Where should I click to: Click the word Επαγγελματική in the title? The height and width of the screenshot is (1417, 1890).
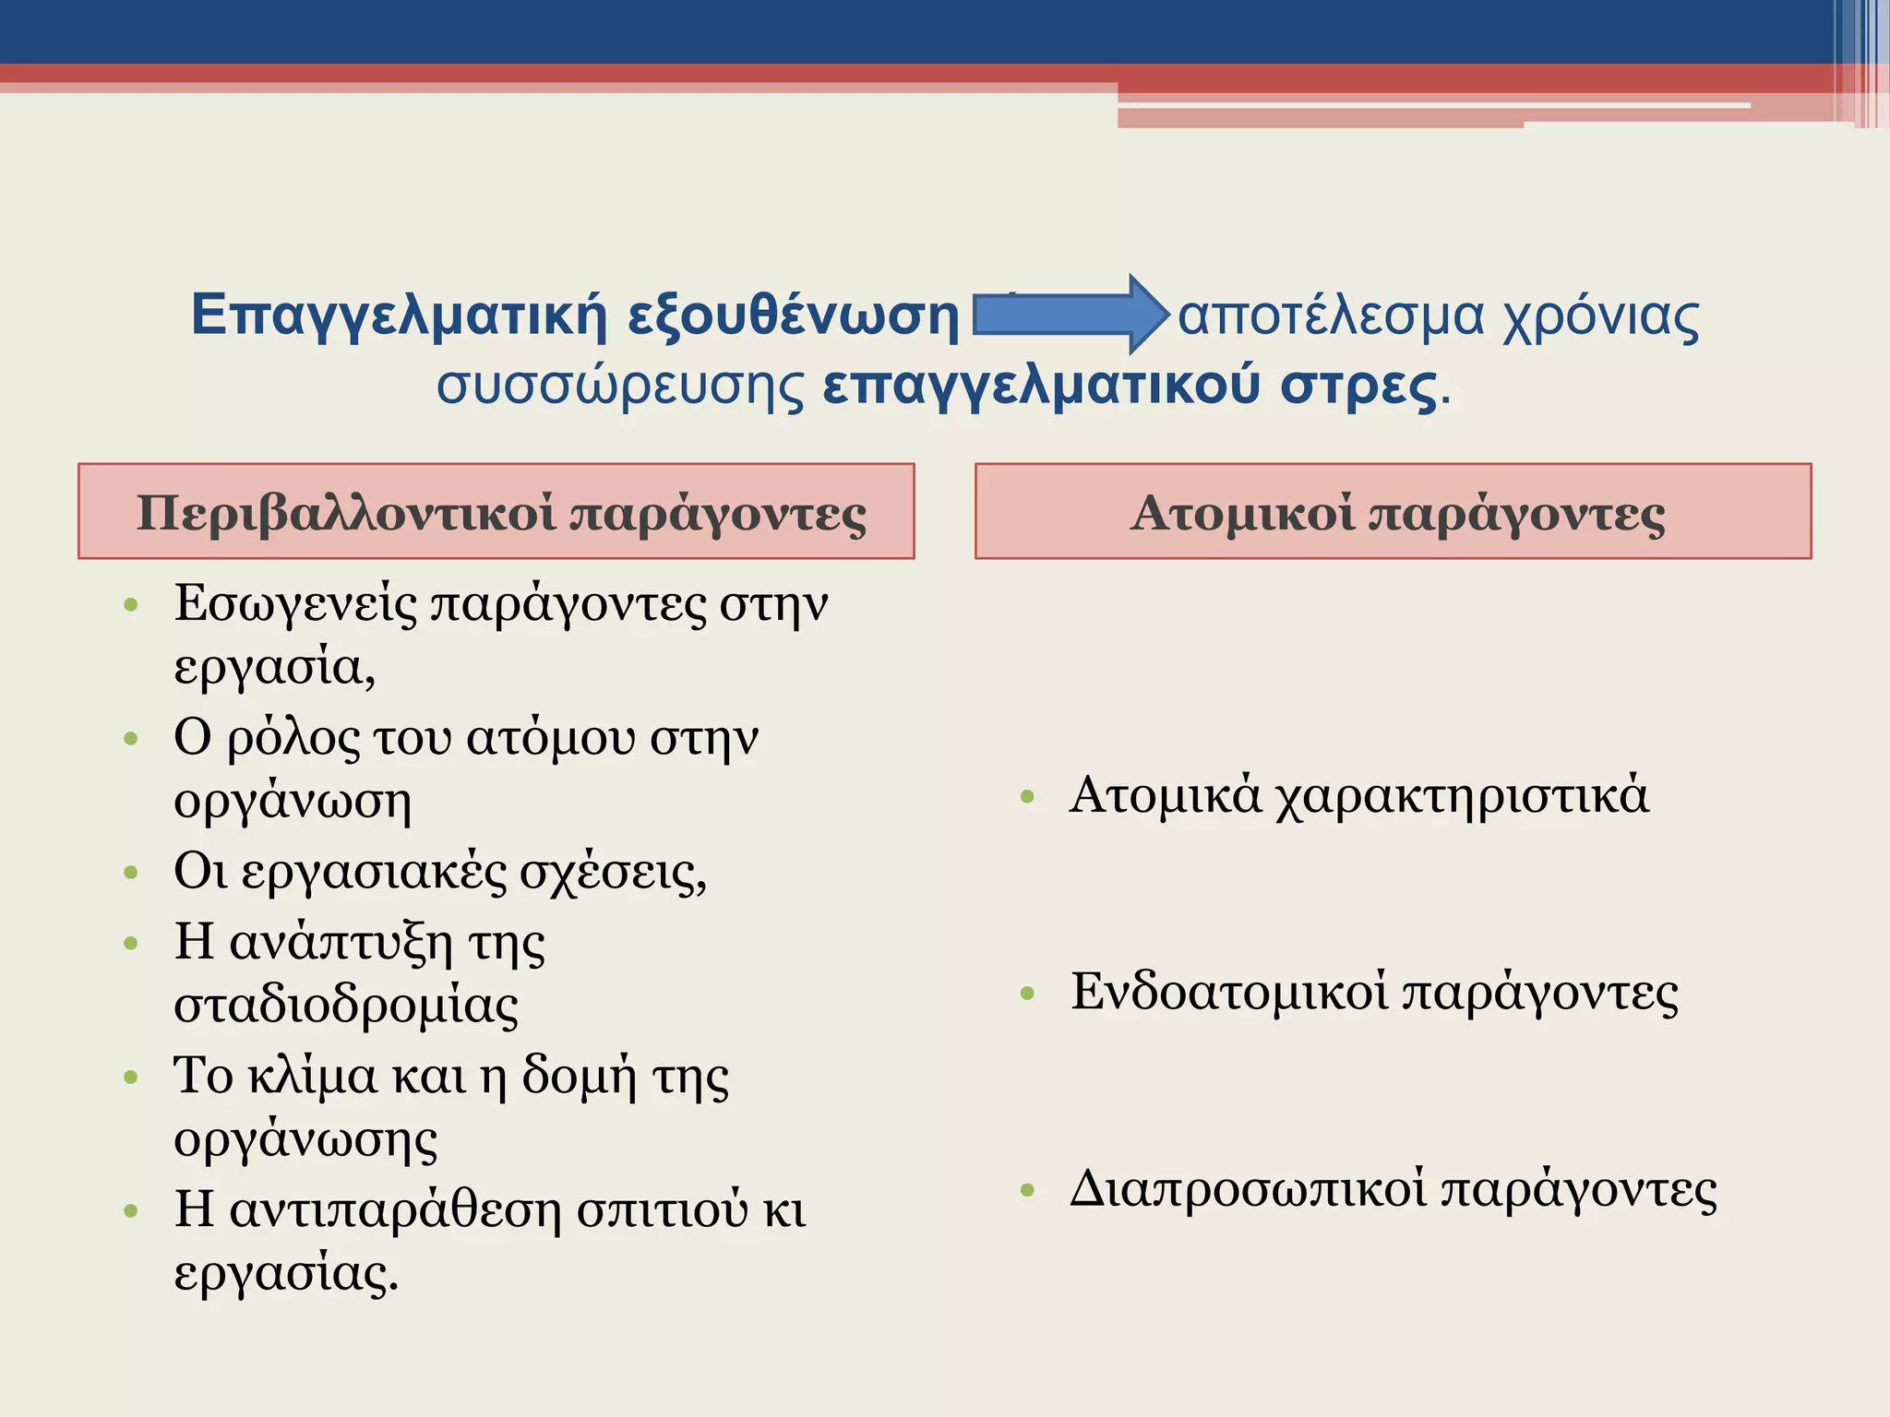[399, 316]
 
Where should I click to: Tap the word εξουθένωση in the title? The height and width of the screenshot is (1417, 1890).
[794, 316]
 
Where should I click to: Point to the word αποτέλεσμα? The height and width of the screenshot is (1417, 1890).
[1331, 316]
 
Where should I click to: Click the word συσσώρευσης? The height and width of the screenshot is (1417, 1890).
[620, 386]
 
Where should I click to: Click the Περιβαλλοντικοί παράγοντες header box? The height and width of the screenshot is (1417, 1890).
[496, 511]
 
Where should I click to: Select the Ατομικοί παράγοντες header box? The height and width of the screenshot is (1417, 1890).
[1394, 511]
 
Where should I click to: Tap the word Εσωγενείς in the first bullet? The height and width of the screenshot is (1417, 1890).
[295, 605]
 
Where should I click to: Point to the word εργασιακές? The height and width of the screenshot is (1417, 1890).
[374, 872]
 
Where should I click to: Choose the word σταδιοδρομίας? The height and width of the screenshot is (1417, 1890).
[346, 1005]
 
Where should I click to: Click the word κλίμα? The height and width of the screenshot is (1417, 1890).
[313, 1076]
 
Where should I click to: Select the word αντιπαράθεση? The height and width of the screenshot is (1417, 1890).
[395, 1209]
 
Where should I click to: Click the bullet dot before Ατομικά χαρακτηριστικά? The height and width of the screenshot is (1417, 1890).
[1028, 797]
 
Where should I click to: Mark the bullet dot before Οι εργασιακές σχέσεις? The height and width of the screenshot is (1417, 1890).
[131, 873]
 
